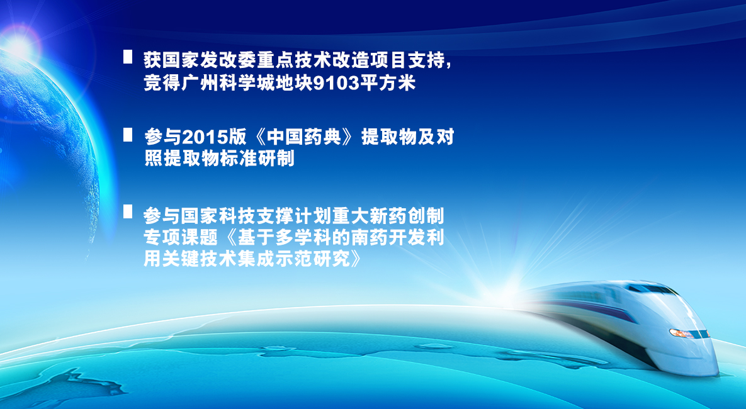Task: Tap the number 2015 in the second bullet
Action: click(x=205, y=137)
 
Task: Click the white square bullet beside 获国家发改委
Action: click(x=128, y=57)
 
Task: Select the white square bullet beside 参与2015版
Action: click(x=128, y=135)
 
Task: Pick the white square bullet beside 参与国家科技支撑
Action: click(x=128, y=211)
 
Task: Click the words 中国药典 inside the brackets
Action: click(x=304, y=137)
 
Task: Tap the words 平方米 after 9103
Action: click(x=388, y=83)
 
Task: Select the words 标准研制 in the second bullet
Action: click(x=257, y=159)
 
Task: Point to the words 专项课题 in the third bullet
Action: click(x=181, y=237)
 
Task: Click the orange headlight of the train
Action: click(x=681, y=333)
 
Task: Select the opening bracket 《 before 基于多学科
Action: click(x=229, y=237)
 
